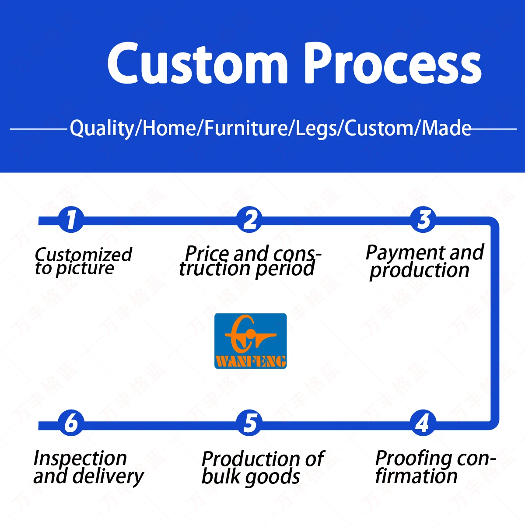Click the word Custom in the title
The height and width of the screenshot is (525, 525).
coord(197,63)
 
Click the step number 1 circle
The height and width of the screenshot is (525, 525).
coord(71,220)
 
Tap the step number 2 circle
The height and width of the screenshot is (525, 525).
coord(249,220)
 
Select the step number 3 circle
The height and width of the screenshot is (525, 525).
coord(423,220)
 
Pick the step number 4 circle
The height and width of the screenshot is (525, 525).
coord(422,423)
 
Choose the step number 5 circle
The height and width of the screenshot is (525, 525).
coord(249,423)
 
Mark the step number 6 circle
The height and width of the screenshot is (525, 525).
coord(71,423)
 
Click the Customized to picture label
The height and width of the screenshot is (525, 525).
coord(83,262)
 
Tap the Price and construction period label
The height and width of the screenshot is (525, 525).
coord(249,262)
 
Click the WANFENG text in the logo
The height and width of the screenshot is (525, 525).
coord(250,361)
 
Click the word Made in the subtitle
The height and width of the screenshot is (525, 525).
coord(446,128)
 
